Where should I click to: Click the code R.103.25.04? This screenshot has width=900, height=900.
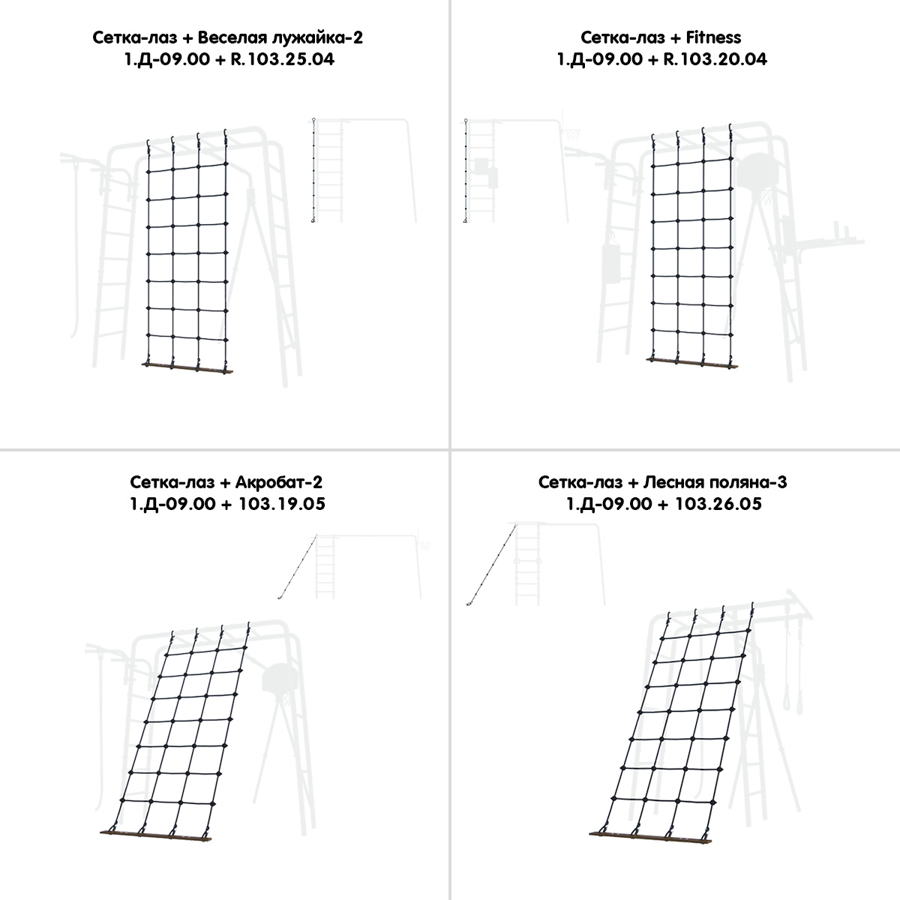click(283, 59)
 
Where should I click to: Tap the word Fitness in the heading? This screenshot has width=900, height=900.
click(713, 37)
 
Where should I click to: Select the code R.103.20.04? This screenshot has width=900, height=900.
click(715, 59)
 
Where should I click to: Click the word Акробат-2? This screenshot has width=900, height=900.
click(279, 482)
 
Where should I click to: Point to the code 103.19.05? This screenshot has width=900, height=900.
click(282, 504)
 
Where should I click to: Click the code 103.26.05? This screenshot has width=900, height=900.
click(718, 504)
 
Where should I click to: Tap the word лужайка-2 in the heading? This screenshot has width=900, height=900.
click(317, 37)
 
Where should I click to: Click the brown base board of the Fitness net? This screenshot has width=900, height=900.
click(693, 363)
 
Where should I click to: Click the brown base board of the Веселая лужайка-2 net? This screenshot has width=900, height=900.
click(187, 367)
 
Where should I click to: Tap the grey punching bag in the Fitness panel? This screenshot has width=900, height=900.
click(611, 264)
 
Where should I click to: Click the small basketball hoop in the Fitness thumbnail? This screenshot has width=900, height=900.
click(572, 135)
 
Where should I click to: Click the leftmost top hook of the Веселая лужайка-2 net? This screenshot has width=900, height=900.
click(148, 145)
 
